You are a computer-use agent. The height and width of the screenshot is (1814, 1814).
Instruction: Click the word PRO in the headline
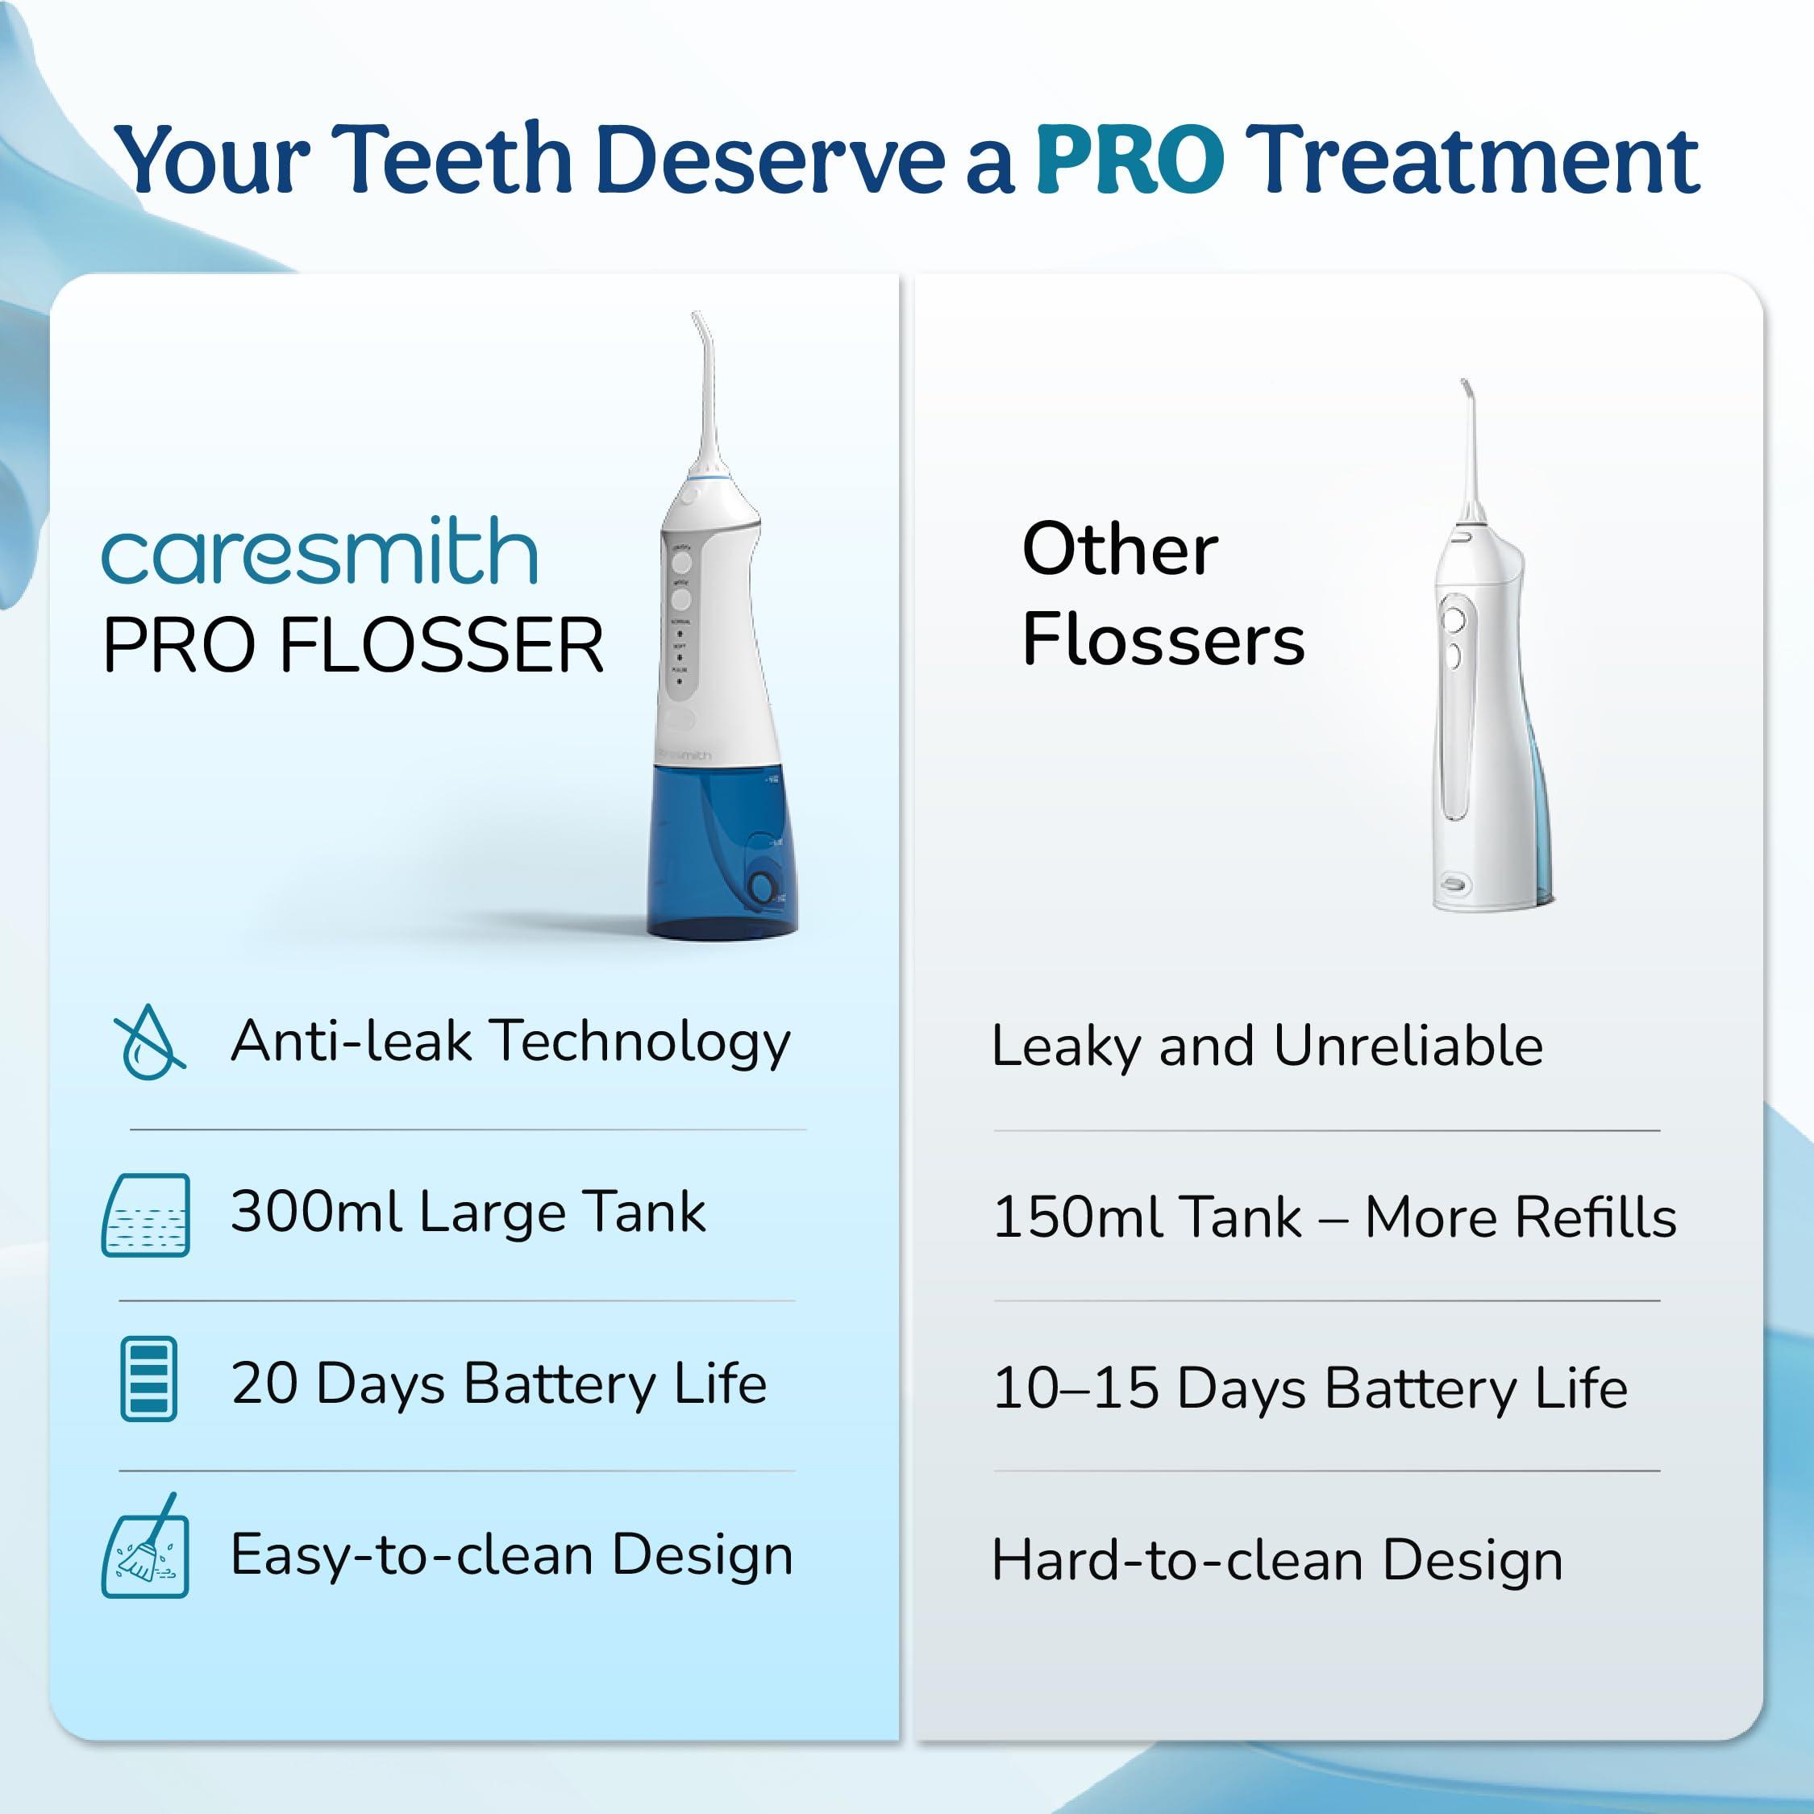pos(1130,160)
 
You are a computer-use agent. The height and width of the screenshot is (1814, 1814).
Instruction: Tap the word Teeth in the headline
pos(451,160)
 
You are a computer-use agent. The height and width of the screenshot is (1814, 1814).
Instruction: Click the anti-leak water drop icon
pos(149,1042)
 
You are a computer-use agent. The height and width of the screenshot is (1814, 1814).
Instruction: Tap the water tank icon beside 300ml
pos(146,1214)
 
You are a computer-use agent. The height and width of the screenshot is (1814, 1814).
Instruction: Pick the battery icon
pos(148,1379)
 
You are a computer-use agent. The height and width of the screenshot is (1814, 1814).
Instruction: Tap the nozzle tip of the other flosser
pos(1464,385)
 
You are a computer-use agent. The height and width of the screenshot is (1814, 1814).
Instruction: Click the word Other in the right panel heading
pos(1120,549)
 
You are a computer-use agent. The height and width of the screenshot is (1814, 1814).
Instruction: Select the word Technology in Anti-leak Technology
pos(643,1042)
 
